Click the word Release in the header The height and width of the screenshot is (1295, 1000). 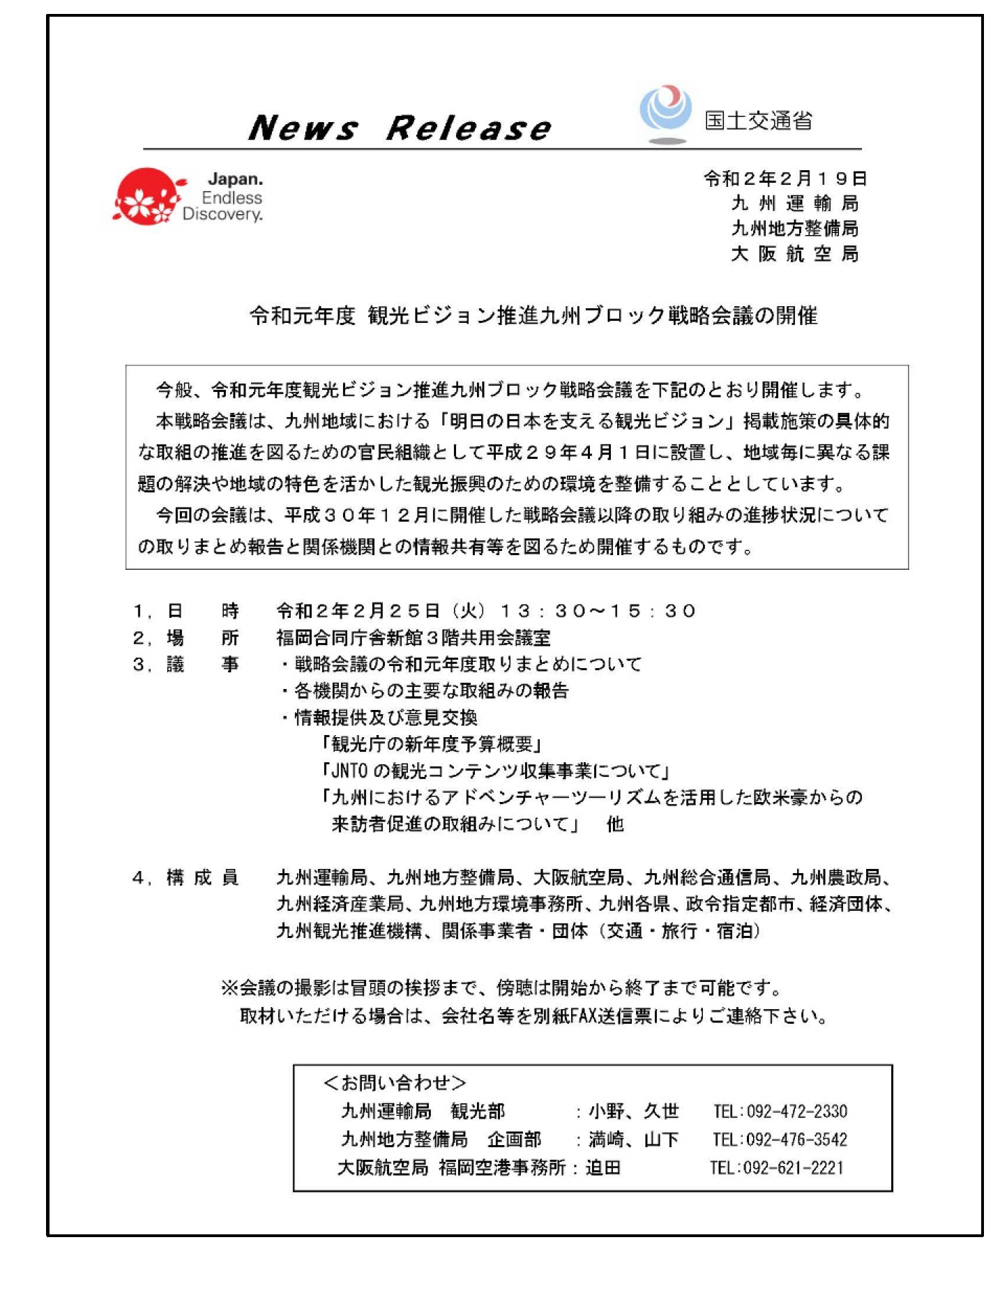tap(468, 128)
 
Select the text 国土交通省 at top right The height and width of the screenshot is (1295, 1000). tap(758, 121)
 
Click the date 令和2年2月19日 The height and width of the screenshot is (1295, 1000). tap(785, 179)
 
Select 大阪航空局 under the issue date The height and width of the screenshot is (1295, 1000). tap(794, 254)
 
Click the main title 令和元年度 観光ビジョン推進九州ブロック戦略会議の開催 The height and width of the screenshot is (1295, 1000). tap(533, 316)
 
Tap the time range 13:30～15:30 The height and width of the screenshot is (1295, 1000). tap(598, 612)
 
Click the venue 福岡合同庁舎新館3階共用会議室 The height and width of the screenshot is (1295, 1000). tap(413, 638)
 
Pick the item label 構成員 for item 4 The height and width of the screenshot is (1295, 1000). tap(202, 877)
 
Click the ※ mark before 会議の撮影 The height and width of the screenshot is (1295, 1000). tap(229, 987)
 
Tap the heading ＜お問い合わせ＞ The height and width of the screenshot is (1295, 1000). tap(395, 1082)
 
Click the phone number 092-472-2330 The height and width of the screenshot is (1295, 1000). tap(796, 1111)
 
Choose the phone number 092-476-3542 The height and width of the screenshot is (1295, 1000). tap(796, 1139)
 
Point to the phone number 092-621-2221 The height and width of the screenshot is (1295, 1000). tap(794, 1167)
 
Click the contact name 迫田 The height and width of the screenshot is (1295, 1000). tap(603, 1167)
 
